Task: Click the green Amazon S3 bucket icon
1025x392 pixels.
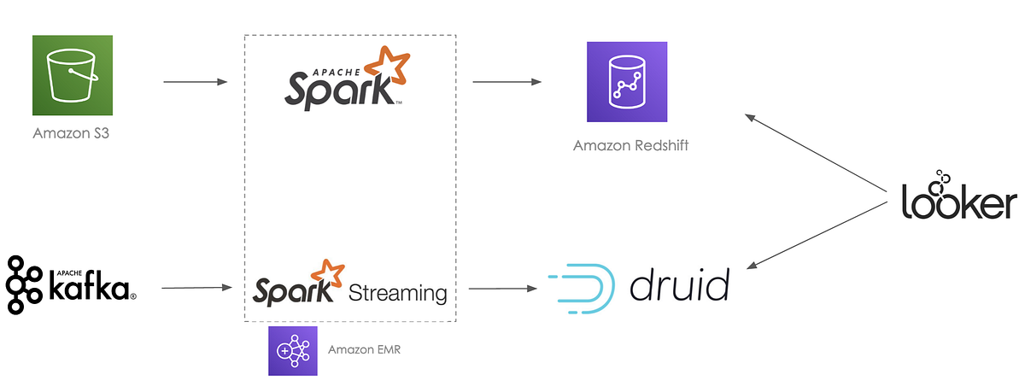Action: point(73,75)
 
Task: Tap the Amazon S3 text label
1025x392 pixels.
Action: point(73,134)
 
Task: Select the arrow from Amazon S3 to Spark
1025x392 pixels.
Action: point(195,82)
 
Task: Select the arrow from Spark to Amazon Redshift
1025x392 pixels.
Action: point(507,82)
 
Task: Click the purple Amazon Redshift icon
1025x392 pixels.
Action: point(626,82)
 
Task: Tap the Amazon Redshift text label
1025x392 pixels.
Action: point(630,145)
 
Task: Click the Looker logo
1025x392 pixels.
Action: point(959,198)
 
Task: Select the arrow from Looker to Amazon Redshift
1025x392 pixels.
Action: point(816,150)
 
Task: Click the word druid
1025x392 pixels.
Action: point(680,285)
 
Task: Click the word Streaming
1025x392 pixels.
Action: point(397,294)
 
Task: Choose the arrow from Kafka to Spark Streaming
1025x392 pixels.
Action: point(196,288)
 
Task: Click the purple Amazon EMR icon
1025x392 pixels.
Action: point(292,350)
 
